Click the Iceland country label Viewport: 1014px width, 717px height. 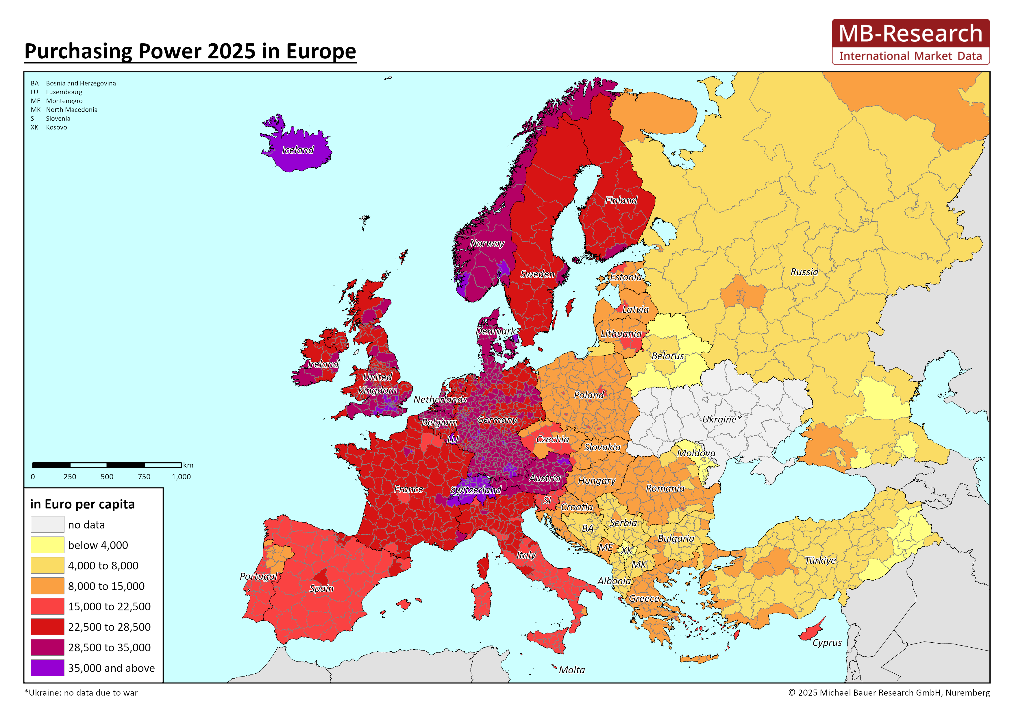[298, 150]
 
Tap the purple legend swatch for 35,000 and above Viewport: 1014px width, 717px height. [47, 668]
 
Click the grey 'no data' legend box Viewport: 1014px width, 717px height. [47, 524]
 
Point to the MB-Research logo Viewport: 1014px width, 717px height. [910, 42]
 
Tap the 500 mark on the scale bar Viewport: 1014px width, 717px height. [107, 477]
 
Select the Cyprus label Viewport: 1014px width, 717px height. [827, 643]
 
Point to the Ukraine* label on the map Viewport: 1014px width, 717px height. [722, 419]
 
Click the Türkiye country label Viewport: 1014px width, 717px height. [820, 560]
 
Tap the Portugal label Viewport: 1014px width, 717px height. [258, 576]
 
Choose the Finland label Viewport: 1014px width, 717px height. [621, 200]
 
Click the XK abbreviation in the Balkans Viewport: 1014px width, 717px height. [626, 551]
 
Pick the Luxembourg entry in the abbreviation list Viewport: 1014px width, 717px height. [64, 92]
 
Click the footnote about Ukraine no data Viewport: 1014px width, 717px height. [81, 693]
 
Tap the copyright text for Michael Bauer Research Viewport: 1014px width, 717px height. [889, 693]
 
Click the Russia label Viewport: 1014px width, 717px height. [804, 272]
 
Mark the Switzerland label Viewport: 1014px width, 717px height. [476, 490]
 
